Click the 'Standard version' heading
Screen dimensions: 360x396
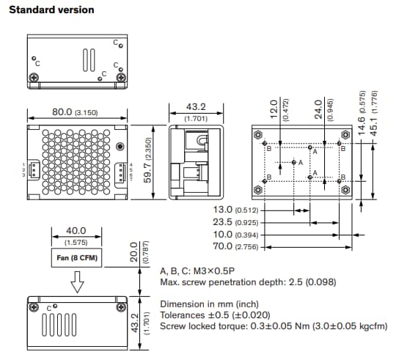(x=51, y=10)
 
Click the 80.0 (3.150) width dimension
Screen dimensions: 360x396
(x=74, y=112)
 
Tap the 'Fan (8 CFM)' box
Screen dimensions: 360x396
(x=77, y=258)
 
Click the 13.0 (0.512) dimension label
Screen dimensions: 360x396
(x=235, y=210)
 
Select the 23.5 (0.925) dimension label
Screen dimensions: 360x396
(x=235, y=221)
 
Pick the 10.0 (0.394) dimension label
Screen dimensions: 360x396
(x=235, y=233)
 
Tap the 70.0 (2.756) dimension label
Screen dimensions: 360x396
(x=235, y=246)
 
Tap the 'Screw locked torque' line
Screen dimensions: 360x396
(x=273, y=326)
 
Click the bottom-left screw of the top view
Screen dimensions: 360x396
(x=32, y=78)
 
